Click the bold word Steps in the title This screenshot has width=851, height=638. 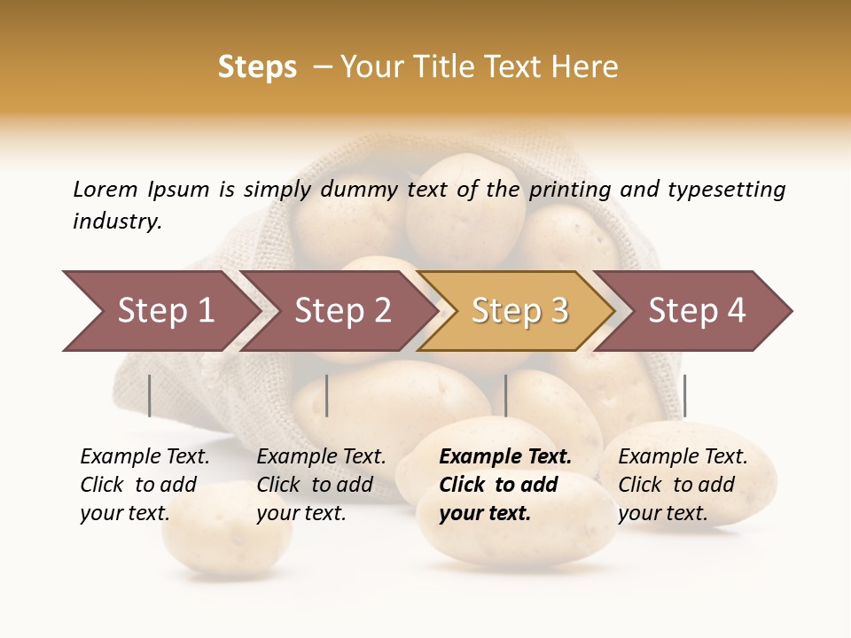point(257,67)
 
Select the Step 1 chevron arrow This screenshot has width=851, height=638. point(160,311)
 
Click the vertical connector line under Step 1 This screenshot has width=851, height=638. point(149,395)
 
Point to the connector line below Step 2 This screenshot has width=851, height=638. point(327,395)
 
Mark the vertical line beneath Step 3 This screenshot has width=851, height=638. point(505,395)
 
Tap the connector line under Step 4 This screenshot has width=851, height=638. point(684,395)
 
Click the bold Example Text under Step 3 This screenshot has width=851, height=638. point(505,457)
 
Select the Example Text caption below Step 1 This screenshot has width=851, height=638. point(144,457)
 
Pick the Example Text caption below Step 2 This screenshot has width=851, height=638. point(321,457)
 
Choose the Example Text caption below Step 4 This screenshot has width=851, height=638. point(683,457)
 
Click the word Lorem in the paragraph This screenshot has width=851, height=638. point(105,189)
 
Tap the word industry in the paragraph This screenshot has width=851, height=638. point(116,222)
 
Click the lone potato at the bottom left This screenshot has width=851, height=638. point(226,532)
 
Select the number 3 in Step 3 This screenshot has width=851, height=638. point(558,311)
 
